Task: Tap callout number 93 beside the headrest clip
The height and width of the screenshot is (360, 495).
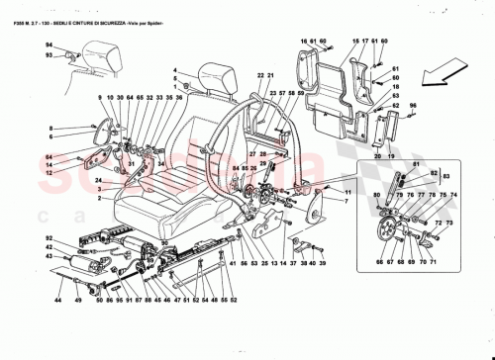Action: pyautogui.click(x=47, y=56)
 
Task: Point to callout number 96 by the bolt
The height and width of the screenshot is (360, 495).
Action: pyautogui.click(x=415, y=103)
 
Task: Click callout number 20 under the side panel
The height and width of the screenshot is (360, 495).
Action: pyautogui.click(x=377, y=157)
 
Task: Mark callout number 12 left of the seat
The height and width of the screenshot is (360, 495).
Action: pyautogui.click(x=48, y=173)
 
